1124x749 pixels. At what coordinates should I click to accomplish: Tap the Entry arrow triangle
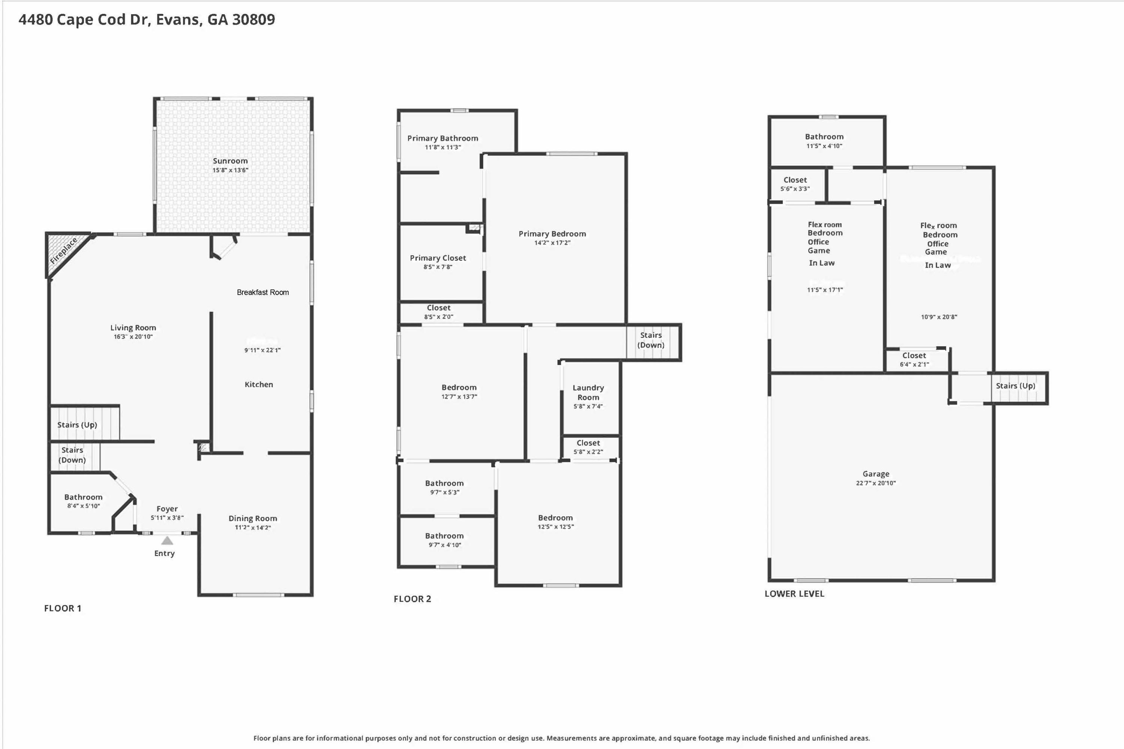pyautogui.click(x=167, y=541)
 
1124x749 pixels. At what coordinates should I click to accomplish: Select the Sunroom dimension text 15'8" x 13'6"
pyautogui.click(x=230, y=170)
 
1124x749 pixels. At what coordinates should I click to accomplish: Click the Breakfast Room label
pyautogui.click(x=263, y=292)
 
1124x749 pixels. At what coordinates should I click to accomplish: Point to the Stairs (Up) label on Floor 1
pyautogui.click(x=77, y=425)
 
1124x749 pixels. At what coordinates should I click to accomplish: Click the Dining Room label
pyautogui.click(x=252, y=518)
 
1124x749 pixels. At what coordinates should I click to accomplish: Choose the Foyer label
pyautogui.click(x=167, y=509)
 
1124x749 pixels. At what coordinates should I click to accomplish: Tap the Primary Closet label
pyautogui.click(x=438, y=258)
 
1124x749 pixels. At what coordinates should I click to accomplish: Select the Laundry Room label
pyautogui.click(x=588, y=392)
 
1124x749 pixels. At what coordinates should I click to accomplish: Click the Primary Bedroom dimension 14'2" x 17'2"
pyautogui.click(x=552, y=243)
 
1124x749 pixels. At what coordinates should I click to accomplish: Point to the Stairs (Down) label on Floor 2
pyautogui.click(x=651, y=340)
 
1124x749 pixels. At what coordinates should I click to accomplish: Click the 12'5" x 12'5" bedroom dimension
pyautogui.click(x=556, y=526)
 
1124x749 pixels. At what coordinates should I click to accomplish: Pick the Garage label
pyautogui.click(x=876, y=474)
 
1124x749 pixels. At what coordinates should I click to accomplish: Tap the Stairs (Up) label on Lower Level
pyautogui.click(x=1015, y=386)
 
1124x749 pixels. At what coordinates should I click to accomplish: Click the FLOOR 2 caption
pyautogui.click(x=412, y=599)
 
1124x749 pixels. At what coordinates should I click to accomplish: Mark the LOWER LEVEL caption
pyautogui.click(x=794, y=594)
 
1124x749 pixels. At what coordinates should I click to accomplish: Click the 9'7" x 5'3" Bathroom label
pyautogui.click(x=444, y=483)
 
